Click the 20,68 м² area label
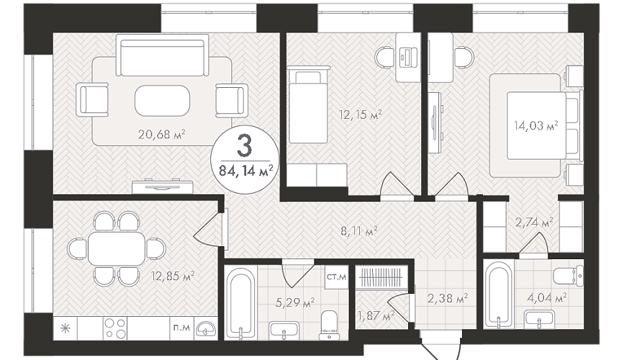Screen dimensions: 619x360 [x=162, y=135]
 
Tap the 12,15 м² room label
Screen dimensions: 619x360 [x=361, y=115]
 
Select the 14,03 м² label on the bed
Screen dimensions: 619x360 [x=536, y=126]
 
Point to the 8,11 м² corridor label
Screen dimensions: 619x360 [x=359, y=230]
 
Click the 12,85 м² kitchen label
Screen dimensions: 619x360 [x=173, y=276]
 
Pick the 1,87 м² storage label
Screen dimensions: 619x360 [x=376, y=315]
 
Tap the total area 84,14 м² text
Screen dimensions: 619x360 [x=246, y=171]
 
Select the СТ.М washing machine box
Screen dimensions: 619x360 [x=336, y=276]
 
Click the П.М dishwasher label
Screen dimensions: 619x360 [x=181, y=327]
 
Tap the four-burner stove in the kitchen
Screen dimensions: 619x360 [x=115, y=329]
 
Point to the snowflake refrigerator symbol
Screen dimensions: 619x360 [x=65, y=328]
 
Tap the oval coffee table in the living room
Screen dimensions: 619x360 [x=162, y=101]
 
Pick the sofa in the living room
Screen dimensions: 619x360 [x=162, y=55]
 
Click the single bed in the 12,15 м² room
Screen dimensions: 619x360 [x=309, y=104]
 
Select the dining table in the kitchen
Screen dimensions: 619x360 [x=117, y=248]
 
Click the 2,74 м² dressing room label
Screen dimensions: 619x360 [x=534, y=222]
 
